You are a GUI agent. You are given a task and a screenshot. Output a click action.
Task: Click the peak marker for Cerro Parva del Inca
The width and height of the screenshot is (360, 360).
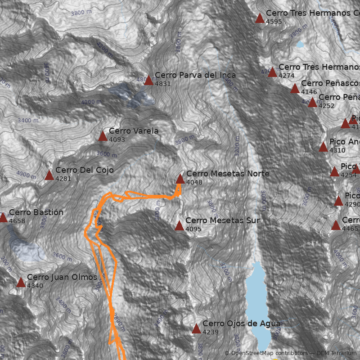148,81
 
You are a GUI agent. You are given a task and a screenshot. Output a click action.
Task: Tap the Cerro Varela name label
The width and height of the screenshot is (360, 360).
133,131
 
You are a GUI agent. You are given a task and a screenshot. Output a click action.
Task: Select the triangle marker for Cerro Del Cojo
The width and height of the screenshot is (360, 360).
49,175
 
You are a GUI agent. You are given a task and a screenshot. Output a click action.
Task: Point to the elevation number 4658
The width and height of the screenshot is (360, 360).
17,221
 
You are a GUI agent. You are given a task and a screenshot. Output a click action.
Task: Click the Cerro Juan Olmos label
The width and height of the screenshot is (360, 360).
62,277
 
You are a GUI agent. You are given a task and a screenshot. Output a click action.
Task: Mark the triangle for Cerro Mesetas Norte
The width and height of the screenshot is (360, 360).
180,179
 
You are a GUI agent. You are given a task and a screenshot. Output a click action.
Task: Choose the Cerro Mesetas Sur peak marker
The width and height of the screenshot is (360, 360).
179,226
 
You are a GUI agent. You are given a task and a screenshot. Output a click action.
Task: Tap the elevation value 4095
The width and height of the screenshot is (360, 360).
193,229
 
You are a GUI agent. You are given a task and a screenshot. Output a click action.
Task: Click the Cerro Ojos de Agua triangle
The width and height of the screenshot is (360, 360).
196,329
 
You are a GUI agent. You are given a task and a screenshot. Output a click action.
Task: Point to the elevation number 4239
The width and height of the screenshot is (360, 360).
211,332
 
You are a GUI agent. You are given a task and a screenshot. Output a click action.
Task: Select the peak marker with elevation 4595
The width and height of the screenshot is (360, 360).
260,18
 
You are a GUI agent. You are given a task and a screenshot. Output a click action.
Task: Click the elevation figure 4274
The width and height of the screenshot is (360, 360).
287,76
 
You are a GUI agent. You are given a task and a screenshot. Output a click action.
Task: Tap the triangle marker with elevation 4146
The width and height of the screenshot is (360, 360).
295,89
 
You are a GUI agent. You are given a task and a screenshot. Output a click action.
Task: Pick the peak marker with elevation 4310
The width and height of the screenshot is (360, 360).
323,147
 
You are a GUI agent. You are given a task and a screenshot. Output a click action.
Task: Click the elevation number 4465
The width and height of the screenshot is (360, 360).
350,229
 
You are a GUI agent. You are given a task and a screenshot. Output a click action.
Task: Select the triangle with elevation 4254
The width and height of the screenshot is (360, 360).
334,172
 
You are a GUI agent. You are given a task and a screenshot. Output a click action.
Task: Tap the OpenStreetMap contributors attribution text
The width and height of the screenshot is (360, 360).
269,353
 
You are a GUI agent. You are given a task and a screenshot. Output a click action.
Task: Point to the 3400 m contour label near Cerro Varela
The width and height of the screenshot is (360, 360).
28,120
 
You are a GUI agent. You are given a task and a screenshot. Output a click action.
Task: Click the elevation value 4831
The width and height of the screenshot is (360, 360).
163,84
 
